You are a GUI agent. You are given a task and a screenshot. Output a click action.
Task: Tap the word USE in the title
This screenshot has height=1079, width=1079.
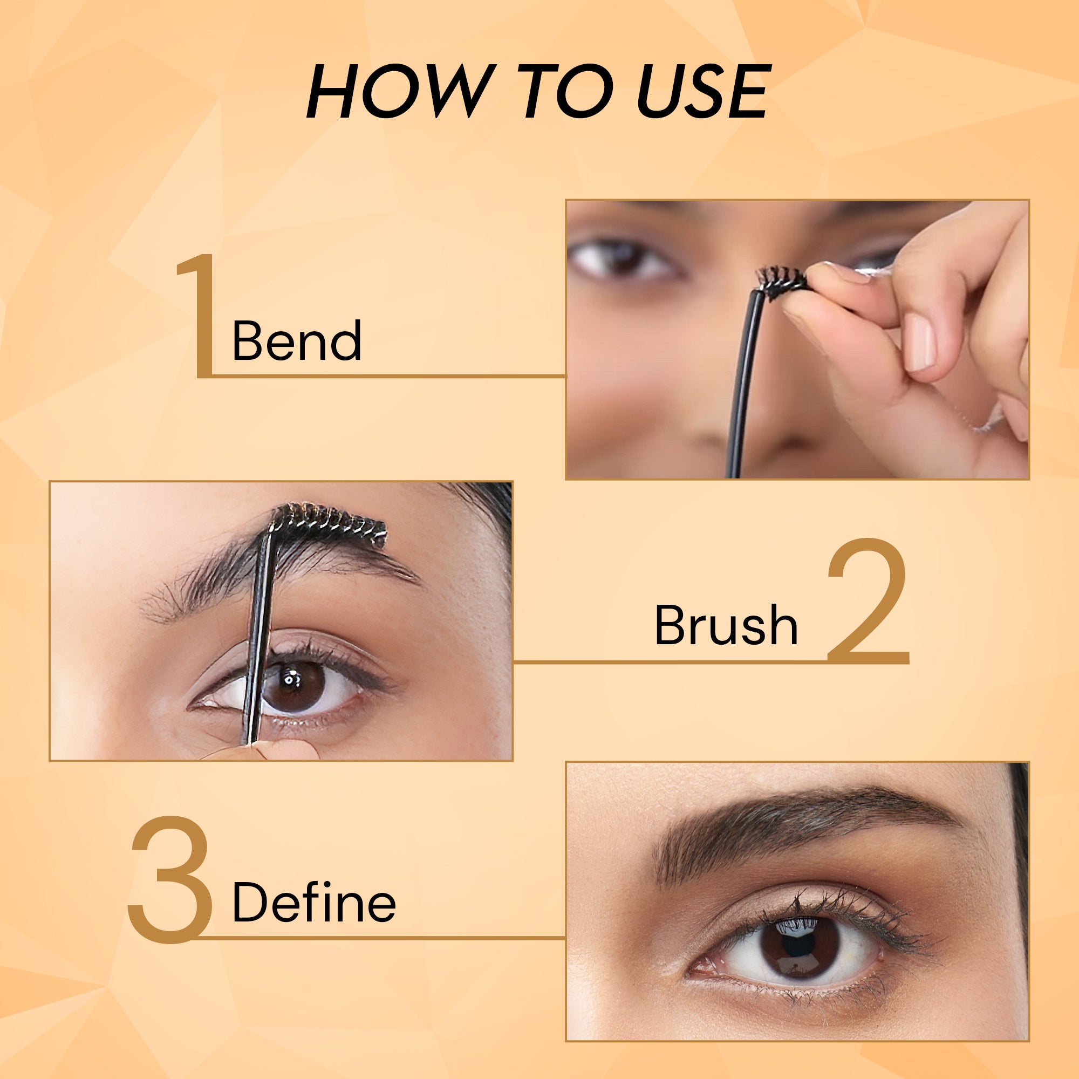click(x=704, y=91)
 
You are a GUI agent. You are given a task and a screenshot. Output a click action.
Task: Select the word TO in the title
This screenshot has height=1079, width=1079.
click(x=568, y=91)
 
